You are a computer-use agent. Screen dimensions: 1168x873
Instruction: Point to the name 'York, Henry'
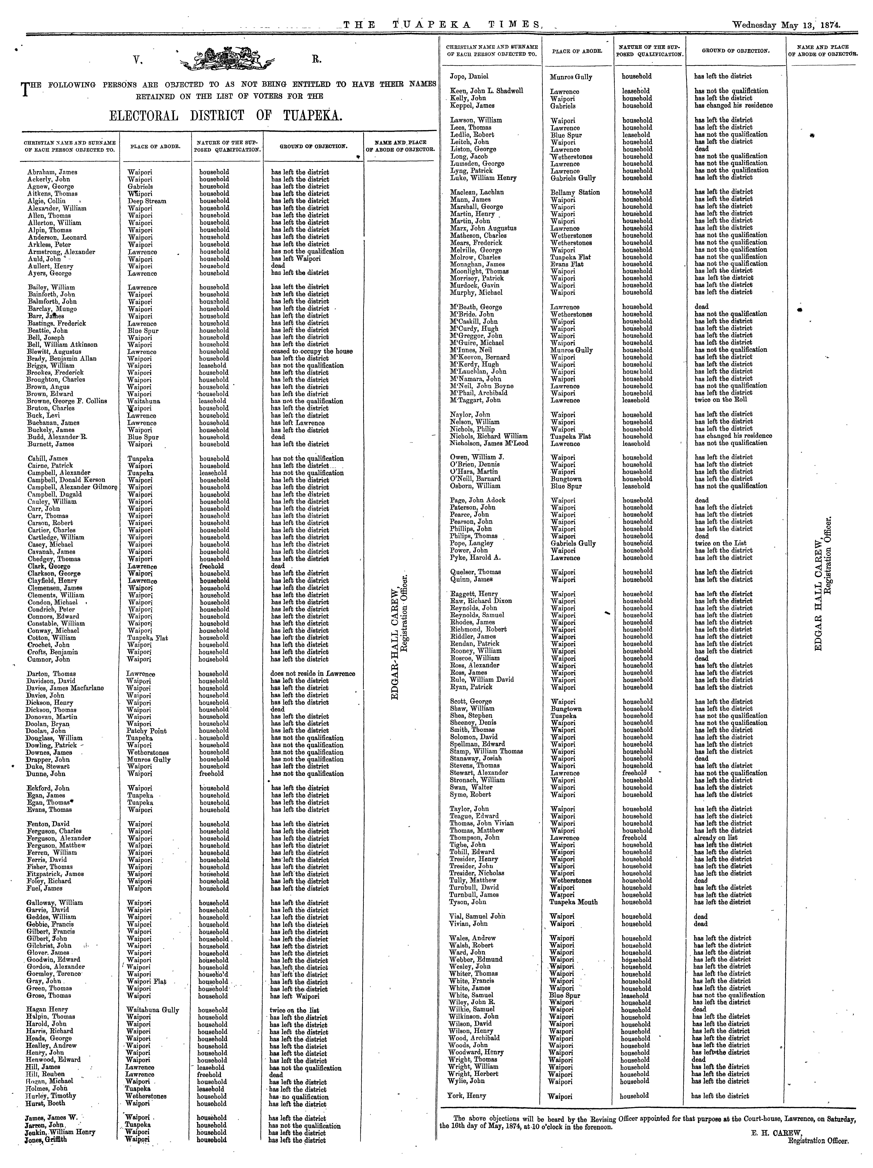pos(468,1096)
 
